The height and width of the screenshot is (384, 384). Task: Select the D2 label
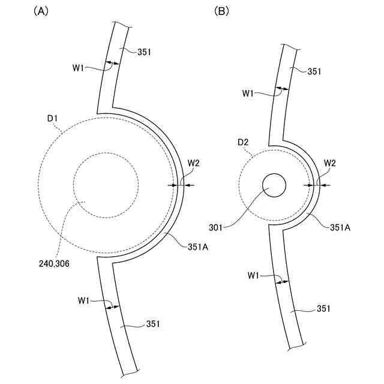pos(242,142)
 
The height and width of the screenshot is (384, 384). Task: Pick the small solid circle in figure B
pos(274,185)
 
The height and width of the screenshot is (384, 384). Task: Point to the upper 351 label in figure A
pos(144,52)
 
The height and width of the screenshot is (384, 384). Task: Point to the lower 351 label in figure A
pos(153,324)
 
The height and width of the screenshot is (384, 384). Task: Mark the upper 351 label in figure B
pos(315,71)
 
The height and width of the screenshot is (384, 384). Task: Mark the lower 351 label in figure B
pos(323,309)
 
